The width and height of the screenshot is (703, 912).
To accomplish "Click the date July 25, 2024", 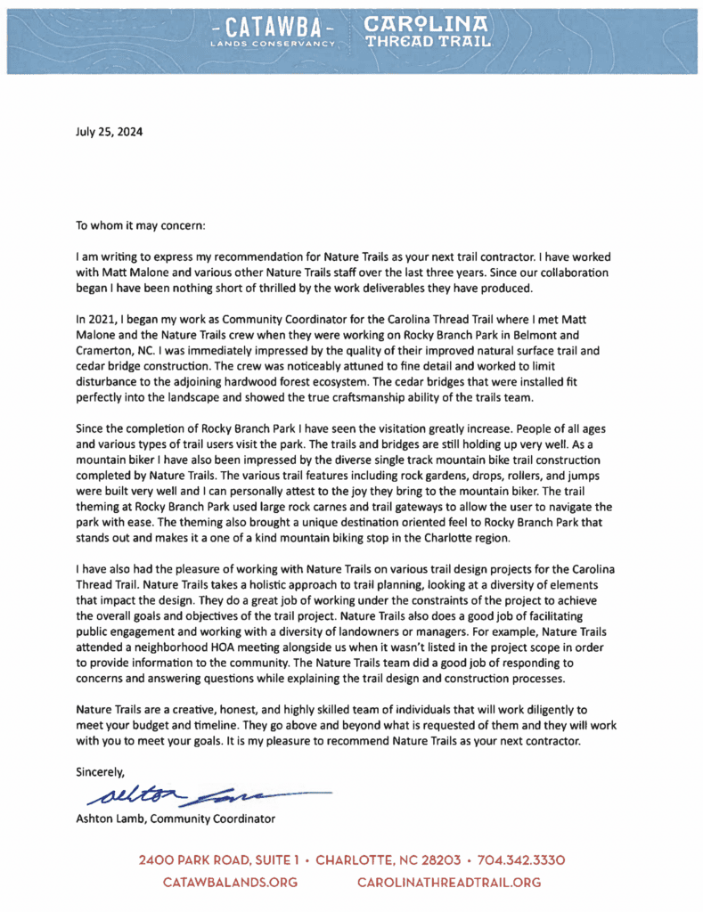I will [x=109, y=132].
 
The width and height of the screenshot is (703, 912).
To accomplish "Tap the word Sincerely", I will [x=101, y=771].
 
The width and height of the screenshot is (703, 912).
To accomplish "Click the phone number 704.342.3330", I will [x=521, y=861].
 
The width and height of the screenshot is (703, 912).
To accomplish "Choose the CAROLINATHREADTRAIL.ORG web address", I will [x=448, y=882].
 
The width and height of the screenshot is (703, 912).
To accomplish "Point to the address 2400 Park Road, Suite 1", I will [x=217, y=861].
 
